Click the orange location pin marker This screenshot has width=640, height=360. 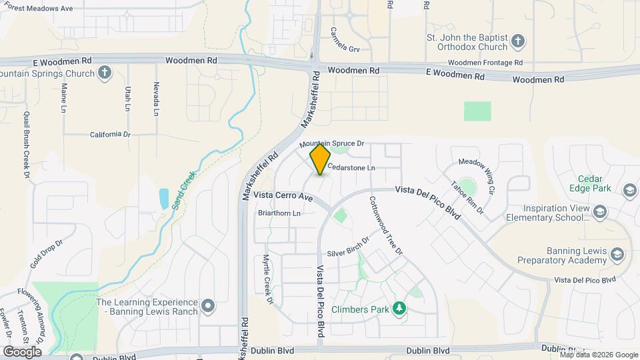(x=320, y=159)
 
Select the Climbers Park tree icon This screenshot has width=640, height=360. (x=399, y=308)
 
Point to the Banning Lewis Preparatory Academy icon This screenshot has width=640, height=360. (x=618, y=254)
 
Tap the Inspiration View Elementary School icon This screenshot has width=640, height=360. (x=599, y=212)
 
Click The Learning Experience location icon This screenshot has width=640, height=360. (x=209, y=307)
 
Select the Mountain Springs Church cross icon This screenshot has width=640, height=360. (x=104, y=72)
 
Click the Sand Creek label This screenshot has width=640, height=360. (x=184, y=191)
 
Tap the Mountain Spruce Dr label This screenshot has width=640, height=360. (x=332, y=144)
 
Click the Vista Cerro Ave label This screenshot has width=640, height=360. (x=283, y=197)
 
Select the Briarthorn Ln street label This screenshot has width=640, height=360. (x=279, y=213)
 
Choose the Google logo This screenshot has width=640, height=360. (x=22, y=351)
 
